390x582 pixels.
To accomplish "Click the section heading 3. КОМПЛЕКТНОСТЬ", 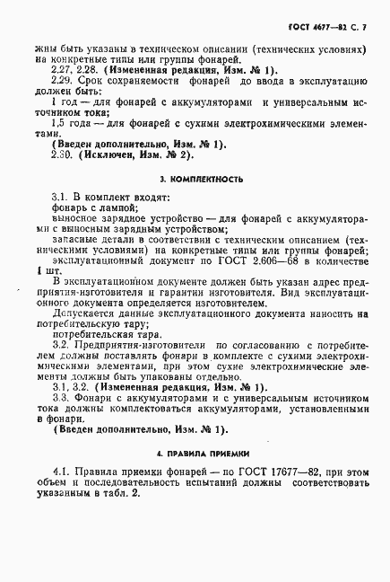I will click(x=196, y=180).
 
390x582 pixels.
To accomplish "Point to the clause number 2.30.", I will click(x=65, y=154).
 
